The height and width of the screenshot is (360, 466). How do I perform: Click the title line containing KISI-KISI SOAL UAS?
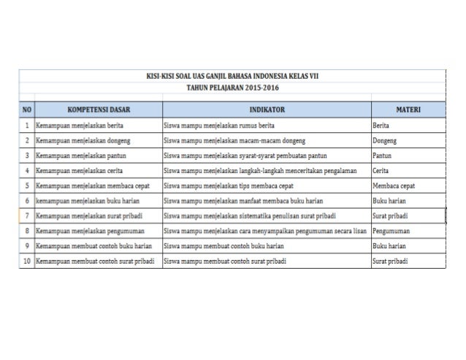[x=233, y=75]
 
